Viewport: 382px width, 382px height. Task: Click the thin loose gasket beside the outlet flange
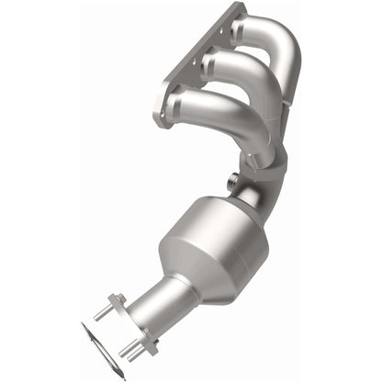pyautogui.click(x=101, y=349)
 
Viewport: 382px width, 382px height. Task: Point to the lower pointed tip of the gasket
pyautogui.click(x=120, y=374)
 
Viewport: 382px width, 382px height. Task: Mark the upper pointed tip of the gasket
pyautogui.click(x=83, y=325)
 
